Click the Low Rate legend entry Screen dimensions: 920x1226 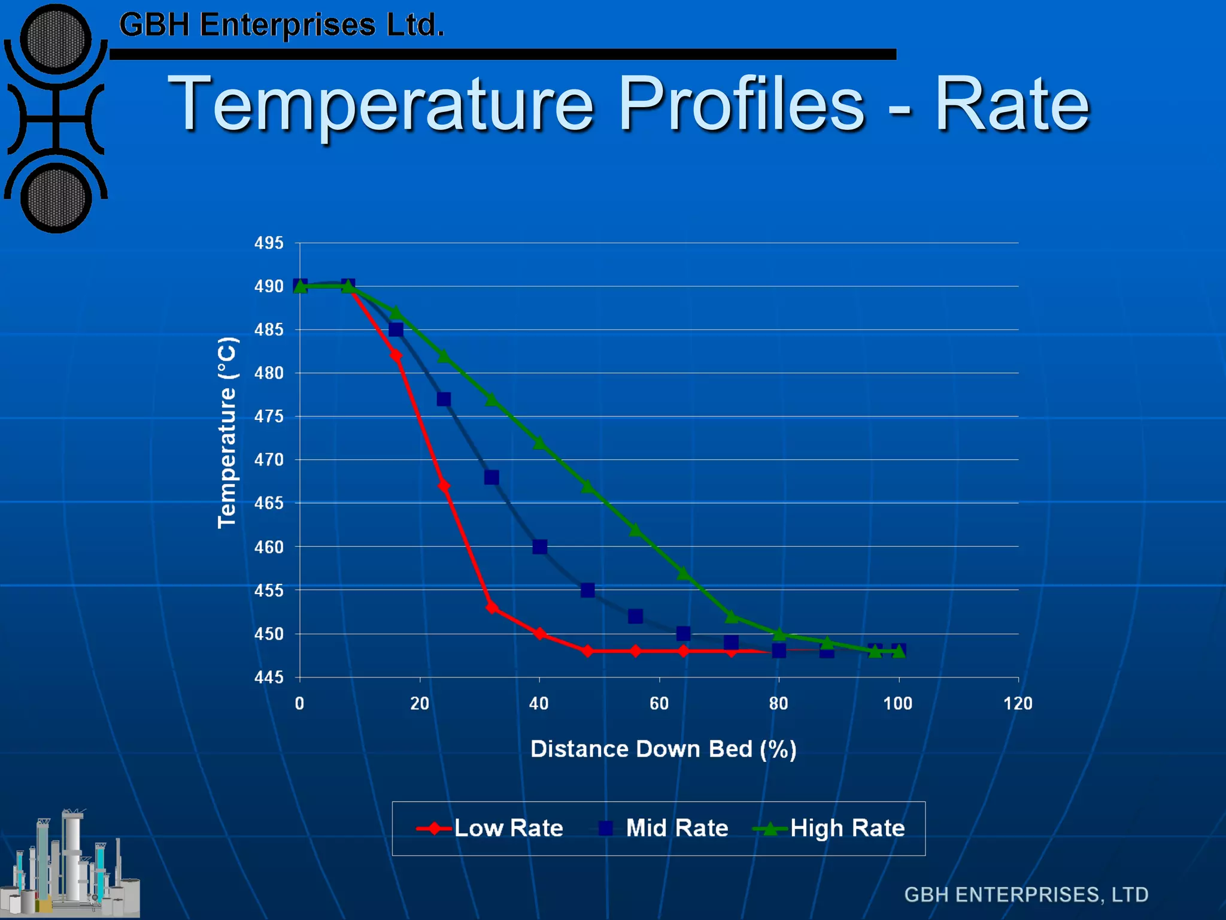490,828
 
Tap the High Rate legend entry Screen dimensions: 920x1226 830,828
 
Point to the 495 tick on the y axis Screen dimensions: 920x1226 269,243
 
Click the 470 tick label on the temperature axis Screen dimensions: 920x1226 269,460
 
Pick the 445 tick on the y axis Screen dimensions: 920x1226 269,677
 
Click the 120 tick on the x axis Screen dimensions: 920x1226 1018,703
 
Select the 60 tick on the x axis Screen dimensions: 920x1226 659,703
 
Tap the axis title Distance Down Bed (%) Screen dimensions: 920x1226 663,749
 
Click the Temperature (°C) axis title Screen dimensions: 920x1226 227,432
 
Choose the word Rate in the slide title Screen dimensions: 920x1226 1012,105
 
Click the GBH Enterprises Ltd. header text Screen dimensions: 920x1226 281,25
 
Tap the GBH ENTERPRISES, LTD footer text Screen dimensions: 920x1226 1026,895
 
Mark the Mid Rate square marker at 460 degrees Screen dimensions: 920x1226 539,547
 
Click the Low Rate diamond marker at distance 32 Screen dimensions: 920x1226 492,607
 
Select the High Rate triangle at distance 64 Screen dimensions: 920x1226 683,574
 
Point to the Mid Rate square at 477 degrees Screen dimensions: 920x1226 444,400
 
